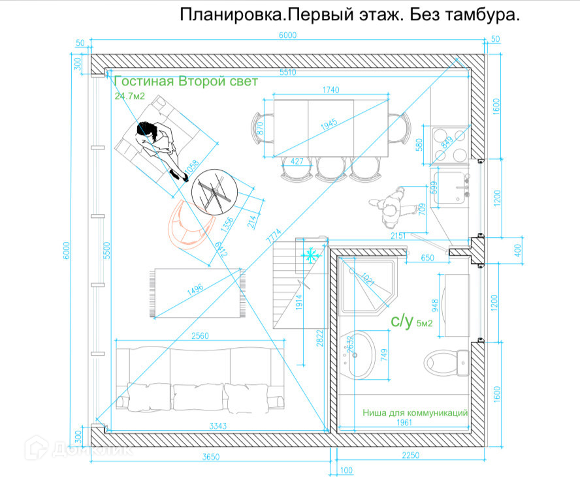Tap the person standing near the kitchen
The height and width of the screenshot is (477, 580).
click(392, 204)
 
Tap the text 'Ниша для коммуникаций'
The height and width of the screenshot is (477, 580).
click(415, 412)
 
